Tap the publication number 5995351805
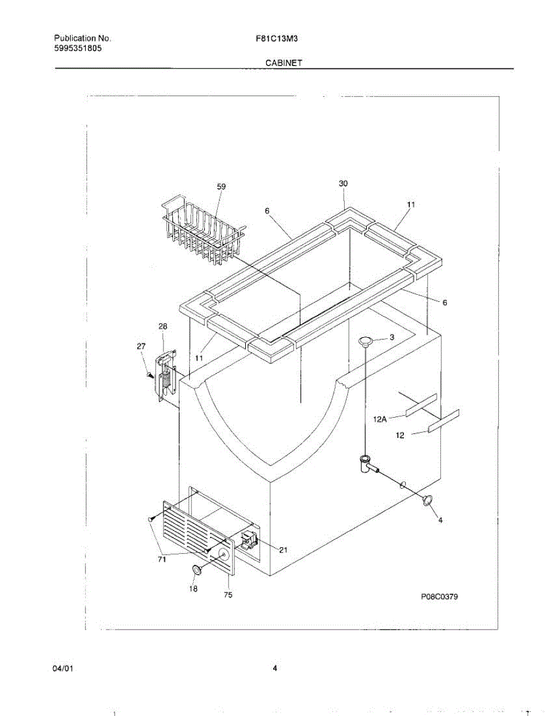[x=78, y=48]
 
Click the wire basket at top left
[x=202, y=230]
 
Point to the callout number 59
[x=221, y=187]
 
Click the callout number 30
[x=343, y=184]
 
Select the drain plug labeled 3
[x=366, y=340]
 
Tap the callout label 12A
[x=380, y=419]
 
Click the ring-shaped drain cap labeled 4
[x=428, y=501]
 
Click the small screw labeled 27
[x=150, y=375]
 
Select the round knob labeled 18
[x=197, y=570]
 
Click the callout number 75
[x=228, y=594]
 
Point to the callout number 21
[x=283, y=550]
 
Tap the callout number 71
[x=162, y=559]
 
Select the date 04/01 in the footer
[x=63, y=668]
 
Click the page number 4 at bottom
[x=275, y=668]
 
